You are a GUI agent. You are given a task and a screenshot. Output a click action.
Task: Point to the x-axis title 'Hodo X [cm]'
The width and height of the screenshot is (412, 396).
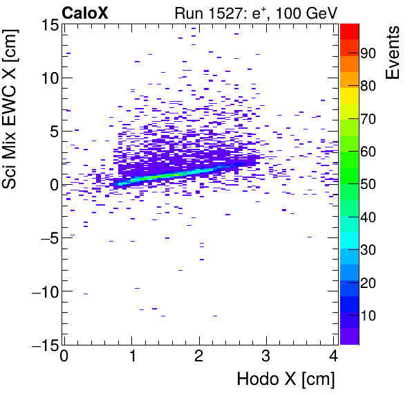[285, 379]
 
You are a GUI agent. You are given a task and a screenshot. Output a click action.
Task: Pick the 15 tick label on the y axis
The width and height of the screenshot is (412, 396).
[48, 25]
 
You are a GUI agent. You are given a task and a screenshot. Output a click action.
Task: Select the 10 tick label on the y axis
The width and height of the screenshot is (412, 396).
[48, 78]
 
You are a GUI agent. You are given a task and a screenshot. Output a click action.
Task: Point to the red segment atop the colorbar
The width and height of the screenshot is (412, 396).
[349, 30]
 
